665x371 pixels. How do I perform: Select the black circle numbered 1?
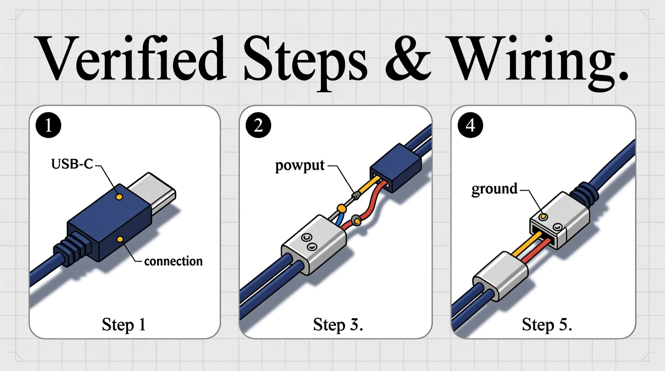[48, 126]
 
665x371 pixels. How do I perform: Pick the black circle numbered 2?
[258, 126]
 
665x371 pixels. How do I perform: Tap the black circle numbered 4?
[470, 126]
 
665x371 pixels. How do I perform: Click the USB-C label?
[72, 164]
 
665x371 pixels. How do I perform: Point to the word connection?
[173, 261]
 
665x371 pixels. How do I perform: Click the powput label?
[300, 165]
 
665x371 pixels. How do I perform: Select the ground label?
[494, 188]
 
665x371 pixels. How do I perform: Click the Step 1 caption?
[123, 324]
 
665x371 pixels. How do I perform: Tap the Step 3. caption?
[338, 324]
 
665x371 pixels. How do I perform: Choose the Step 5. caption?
[547, 324]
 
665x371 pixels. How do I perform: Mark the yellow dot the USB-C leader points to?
[119, 197]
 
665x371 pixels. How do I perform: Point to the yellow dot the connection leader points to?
[120, 239]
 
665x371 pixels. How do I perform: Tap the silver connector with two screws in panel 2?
[314, 244]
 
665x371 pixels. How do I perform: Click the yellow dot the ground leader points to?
[543, 217]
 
